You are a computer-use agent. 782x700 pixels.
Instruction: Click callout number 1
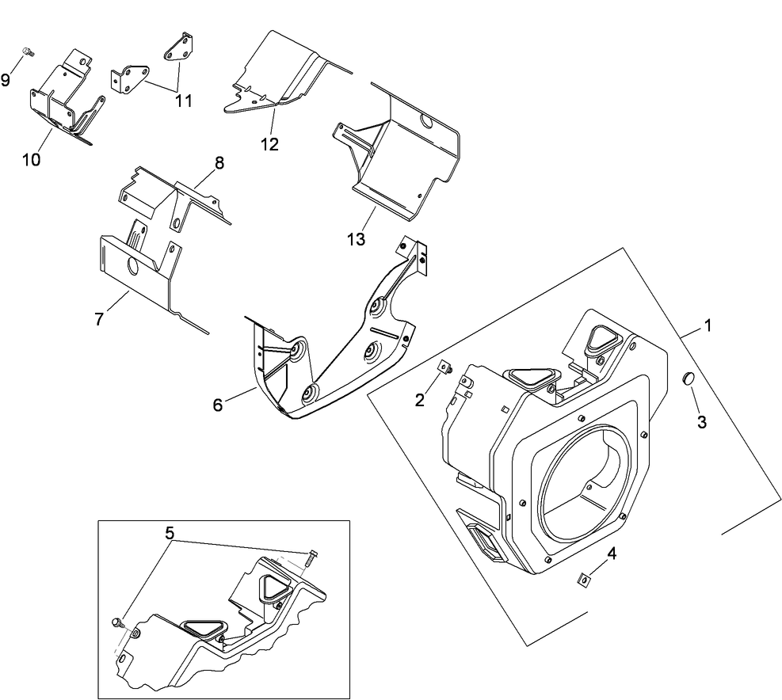(708, 325)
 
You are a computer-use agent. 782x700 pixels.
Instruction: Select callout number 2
(420, 400)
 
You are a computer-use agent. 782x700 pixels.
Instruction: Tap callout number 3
(701, 421)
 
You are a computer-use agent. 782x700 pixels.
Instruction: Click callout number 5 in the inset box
(168, 533)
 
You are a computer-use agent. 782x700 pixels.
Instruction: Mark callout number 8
(219, 163)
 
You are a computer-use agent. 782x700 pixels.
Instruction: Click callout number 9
(6, 80)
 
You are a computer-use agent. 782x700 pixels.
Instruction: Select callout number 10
(31, 159)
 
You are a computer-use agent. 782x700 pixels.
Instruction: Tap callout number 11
(184, 101)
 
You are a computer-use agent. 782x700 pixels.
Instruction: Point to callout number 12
(269, 144)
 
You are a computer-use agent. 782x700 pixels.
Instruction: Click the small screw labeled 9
(28, 52)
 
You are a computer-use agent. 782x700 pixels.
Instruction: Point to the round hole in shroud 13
(425, 121)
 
